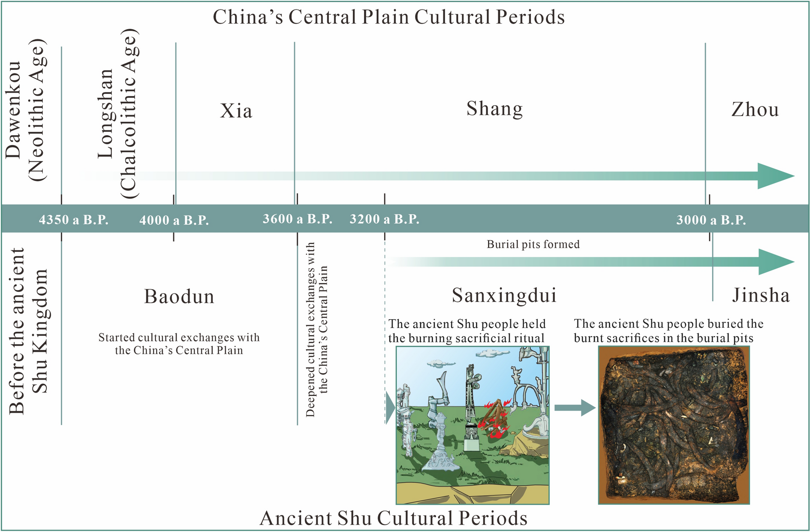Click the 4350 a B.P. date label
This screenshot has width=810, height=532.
[73, 220]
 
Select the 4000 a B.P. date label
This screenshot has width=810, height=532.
[174, 221]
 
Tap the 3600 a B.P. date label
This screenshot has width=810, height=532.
[297, 219]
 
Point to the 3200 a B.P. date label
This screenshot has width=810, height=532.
[384, 219]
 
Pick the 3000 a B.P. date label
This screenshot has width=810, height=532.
[711, 220]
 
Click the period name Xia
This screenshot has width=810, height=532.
[236, 111]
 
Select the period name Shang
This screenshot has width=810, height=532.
[494, 109]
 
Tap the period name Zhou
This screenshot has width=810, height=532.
[755, 109]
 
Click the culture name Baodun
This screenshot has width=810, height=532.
[179, 296]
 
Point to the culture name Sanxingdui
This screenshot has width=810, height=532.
[504, 295]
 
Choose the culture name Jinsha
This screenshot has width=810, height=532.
[761, 295]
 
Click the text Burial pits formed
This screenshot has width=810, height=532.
[533, 245]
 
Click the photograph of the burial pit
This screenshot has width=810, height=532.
[674, 425]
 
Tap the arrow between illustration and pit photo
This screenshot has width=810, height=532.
[575, 407]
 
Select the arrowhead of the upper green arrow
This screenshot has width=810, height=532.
[774, 176]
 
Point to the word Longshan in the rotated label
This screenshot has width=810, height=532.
[105, 114]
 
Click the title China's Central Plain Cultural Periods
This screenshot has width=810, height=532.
[388, 17]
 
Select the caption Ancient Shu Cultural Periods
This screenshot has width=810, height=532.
[393, 518]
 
